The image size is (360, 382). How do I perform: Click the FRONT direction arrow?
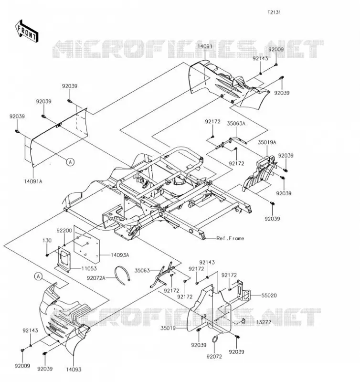[x=27, y=32]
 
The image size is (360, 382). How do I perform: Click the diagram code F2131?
[x=274, y=12]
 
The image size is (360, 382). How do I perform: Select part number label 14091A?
[x=33, y=181]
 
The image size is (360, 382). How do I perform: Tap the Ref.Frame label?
[x=230, y=238]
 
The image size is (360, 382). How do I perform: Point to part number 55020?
[x=269, y=296]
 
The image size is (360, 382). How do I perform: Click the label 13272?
[x=263, y=322]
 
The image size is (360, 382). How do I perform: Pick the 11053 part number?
[x=89, y=268]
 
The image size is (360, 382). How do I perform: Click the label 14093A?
[x=120, y=255]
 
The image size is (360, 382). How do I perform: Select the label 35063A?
[x=236, y=124]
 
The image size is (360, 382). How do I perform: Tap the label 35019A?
[x=267, y=142]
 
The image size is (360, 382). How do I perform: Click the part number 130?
[x=47, y=241]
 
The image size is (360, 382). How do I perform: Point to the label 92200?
[x=64, y=231]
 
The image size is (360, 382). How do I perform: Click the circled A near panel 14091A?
[x=70, y=162]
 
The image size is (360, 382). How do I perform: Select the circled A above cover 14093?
[x=38, y=276]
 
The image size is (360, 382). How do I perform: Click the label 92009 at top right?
[x=276, y=49]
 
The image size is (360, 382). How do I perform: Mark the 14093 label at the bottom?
[x=74, y=369]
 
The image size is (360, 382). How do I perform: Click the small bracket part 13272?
[x=243, y=321]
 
